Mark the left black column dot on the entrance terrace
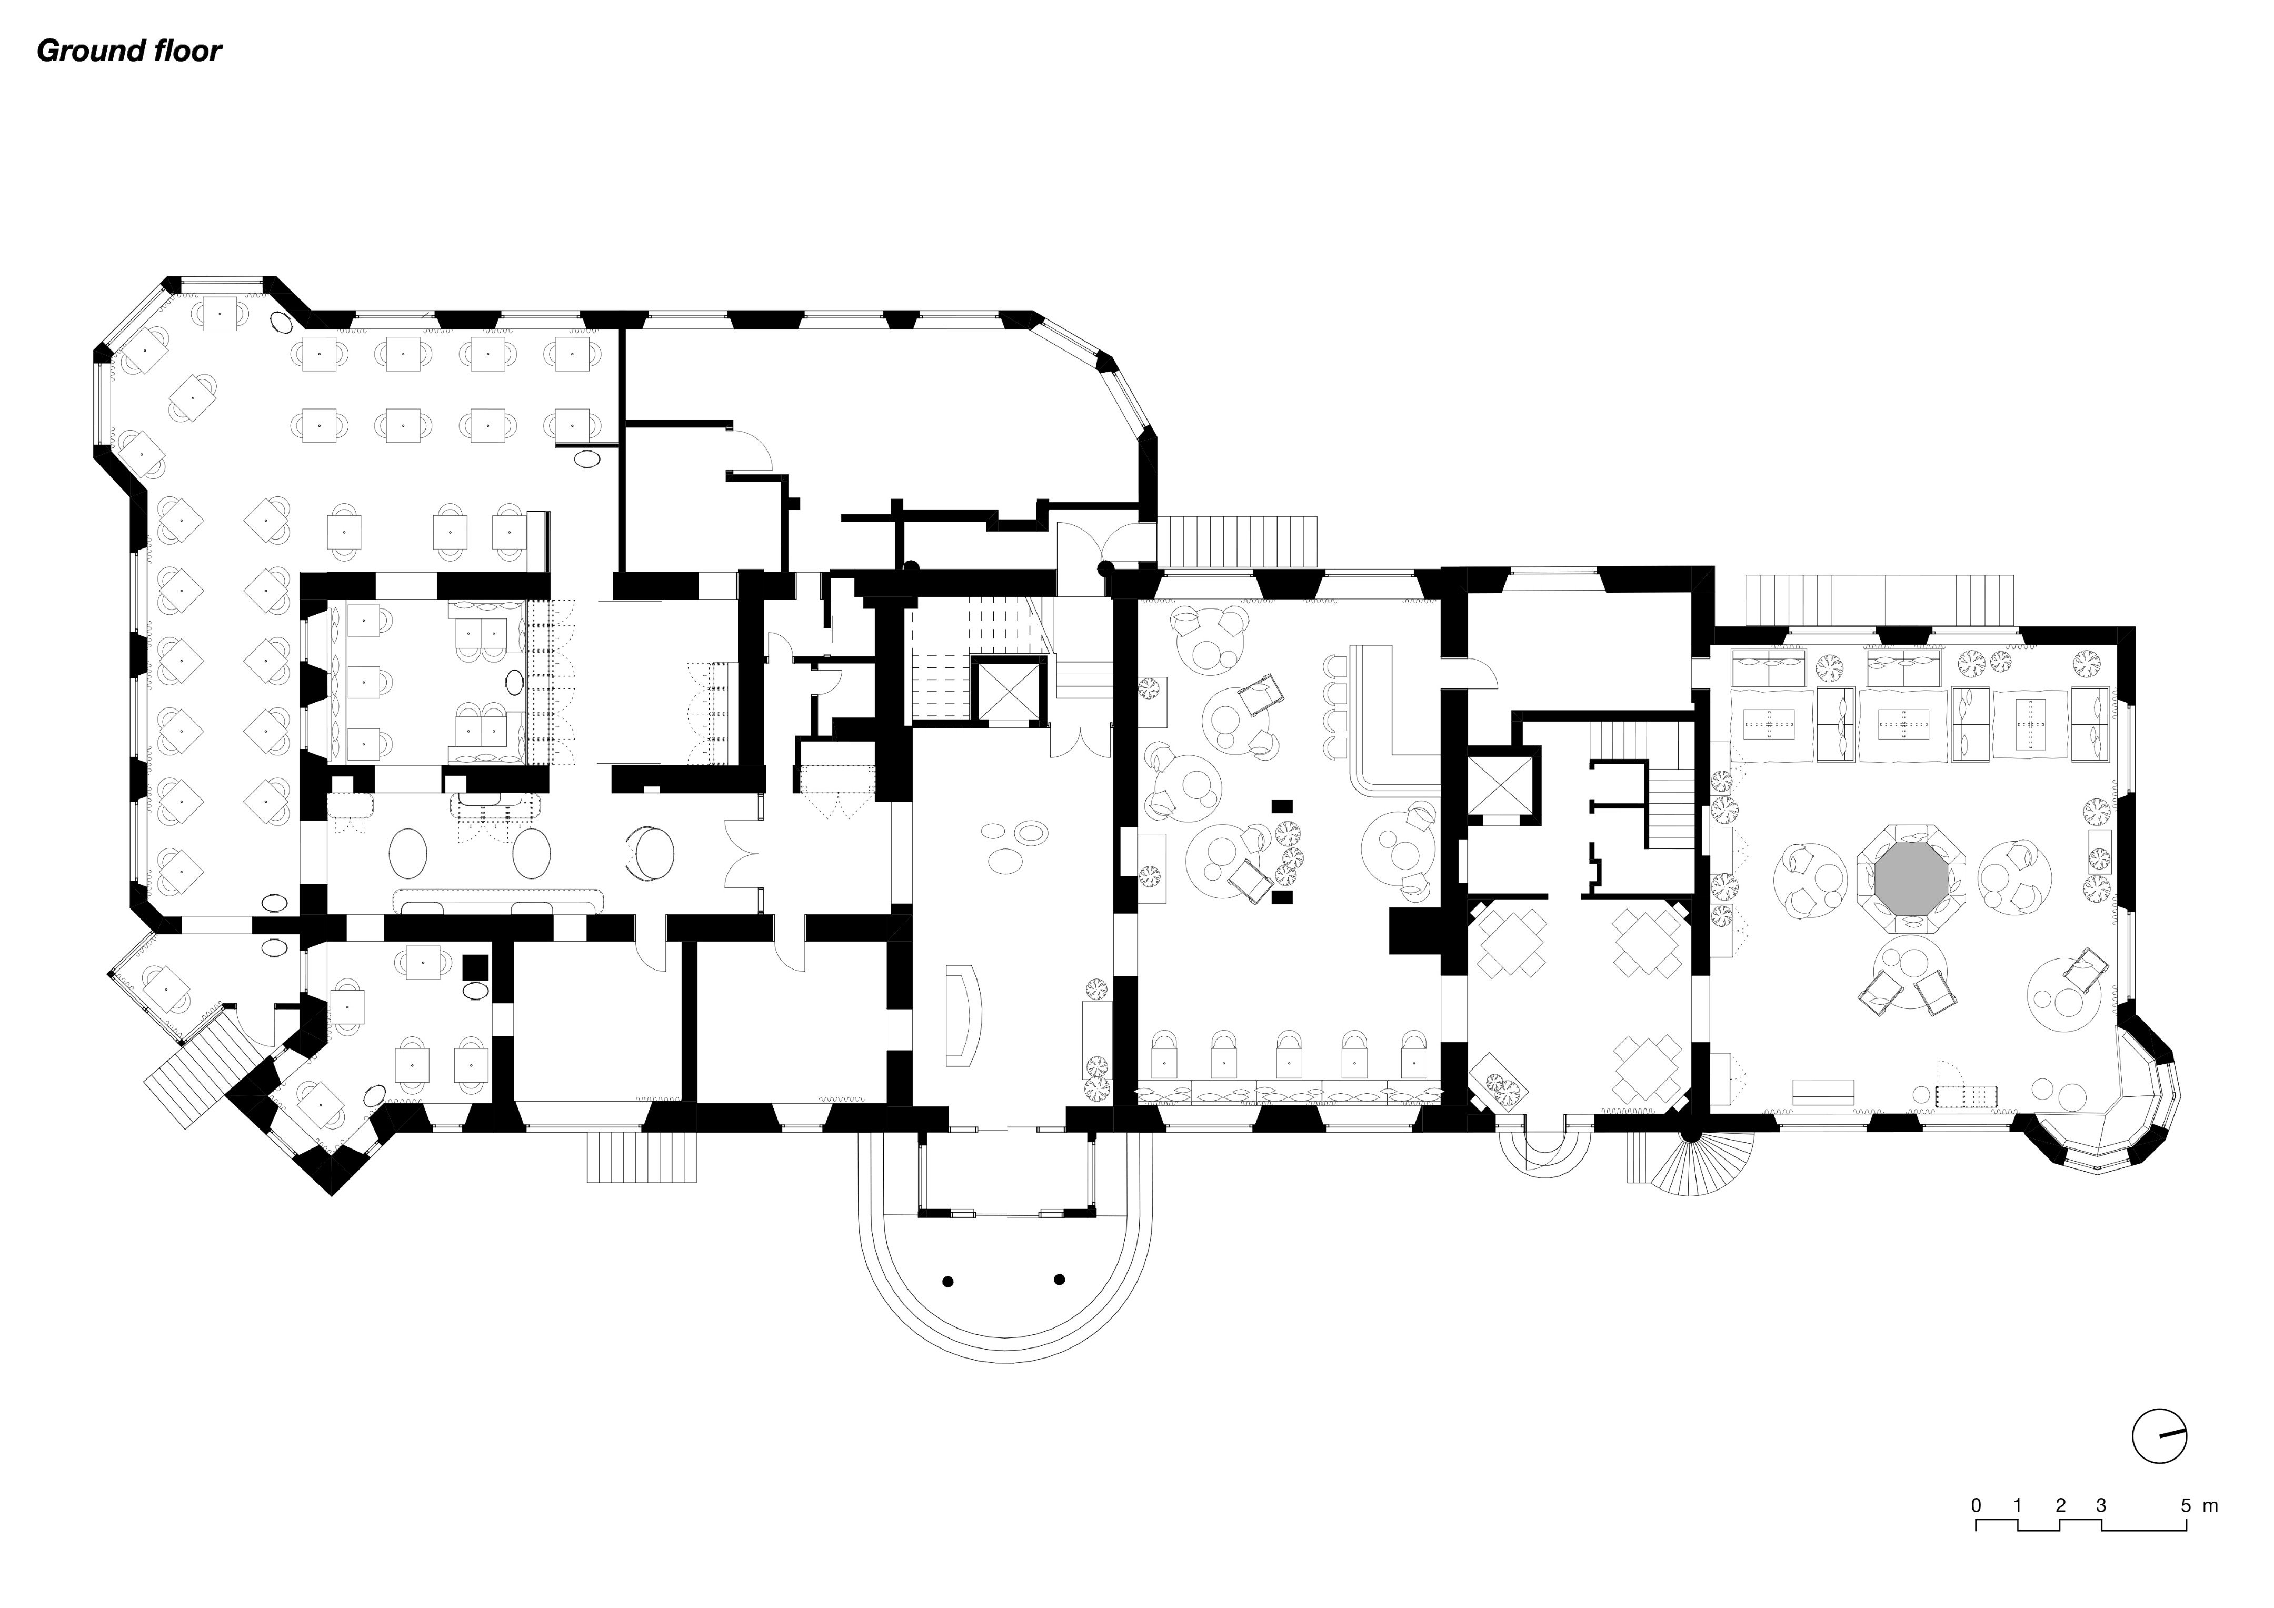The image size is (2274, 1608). pyautogui.click(x=948, y=1281)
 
